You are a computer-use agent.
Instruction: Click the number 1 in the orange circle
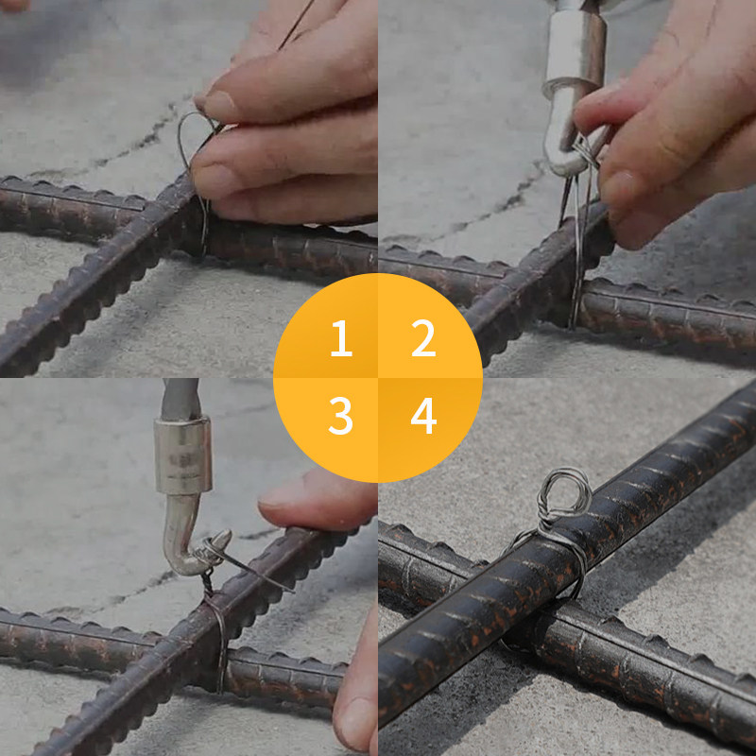340,338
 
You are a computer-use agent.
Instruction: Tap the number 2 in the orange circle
422,338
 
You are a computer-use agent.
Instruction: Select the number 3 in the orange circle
340,417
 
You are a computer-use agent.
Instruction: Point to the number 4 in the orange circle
422,417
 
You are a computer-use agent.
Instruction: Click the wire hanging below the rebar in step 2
575,302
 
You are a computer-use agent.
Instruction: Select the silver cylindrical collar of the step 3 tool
182,457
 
